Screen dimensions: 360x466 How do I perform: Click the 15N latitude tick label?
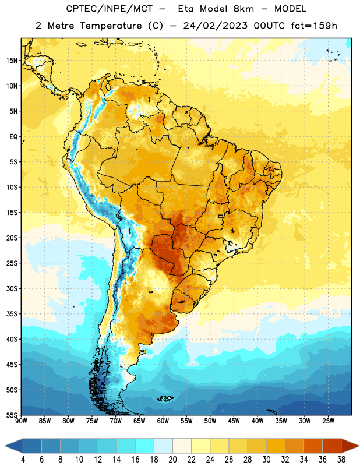click(x=12, y=61)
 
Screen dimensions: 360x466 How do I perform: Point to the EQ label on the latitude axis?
click(x=13, y=137)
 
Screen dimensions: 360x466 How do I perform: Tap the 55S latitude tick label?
click(x=12, y=415)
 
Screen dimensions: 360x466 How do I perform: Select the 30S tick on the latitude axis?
click(x=12, y=288)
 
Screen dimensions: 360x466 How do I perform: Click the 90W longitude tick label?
click(x=21, y=421)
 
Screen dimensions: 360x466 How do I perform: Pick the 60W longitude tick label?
click(x=163, y=421)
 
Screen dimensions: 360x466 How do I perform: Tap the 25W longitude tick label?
click(x=328, y=421)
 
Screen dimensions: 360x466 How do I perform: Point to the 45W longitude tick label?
click(x=234, y=421)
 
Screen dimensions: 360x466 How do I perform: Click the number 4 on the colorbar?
click(x=23, y=460)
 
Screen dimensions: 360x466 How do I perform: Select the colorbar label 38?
click(x=341, y=460)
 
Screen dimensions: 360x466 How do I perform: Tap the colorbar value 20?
click(x=172, y=460)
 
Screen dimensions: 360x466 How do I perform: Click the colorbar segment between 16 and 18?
click(x=145, y=446)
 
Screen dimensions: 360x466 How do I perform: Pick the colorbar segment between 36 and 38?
click(x=332, y=446)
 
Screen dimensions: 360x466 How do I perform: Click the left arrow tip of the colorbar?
click(x=5, y=446)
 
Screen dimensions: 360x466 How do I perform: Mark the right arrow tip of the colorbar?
click(x=359, y=446)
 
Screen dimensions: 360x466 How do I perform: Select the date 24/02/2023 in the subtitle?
click(x=215, y=26)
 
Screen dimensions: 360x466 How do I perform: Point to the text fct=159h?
click(x=314, y=26)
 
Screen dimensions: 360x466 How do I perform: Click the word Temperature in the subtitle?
click(x=111, y=26)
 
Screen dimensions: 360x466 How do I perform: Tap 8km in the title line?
click(x=243, y=9)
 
